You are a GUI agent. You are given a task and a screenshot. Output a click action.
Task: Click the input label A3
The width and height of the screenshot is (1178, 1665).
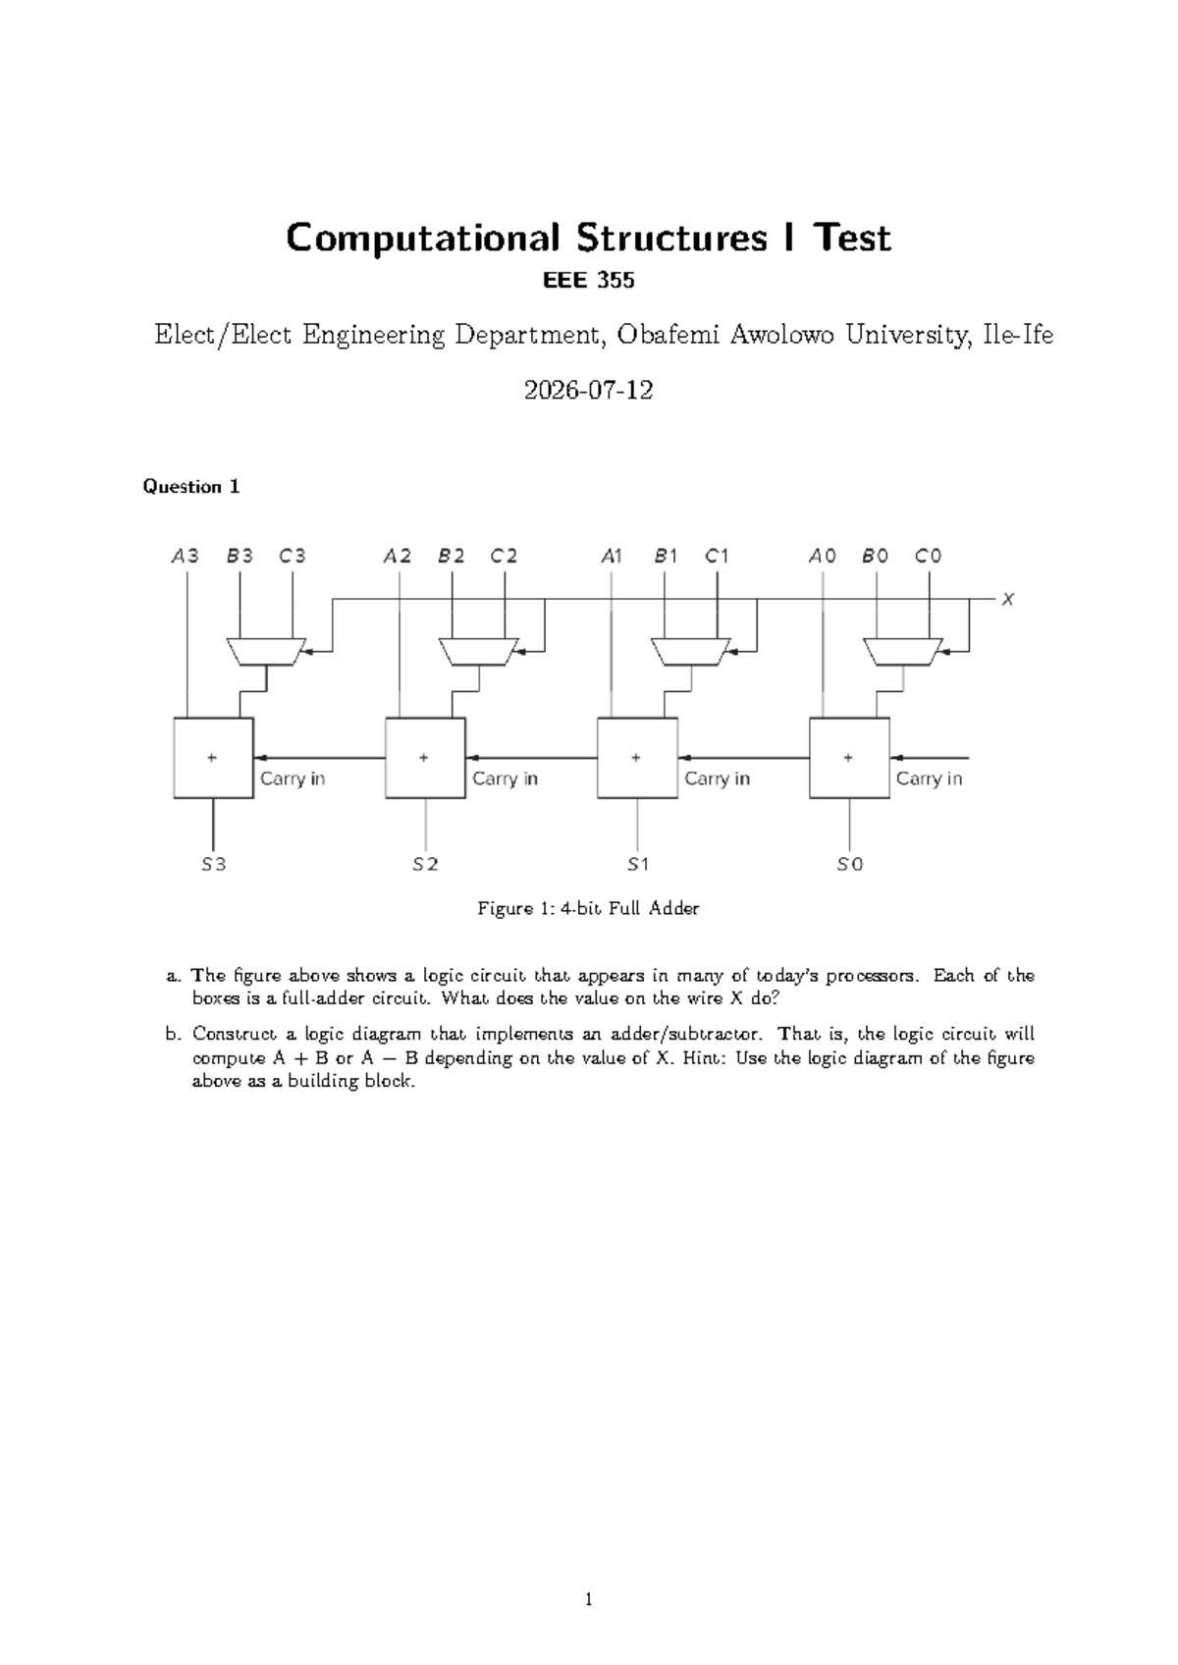185,556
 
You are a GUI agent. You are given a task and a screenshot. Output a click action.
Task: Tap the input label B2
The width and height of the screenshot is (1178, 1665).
452,556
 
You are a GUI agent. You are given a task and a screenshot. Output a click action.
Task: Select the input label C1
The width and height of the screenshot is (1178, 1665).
717,556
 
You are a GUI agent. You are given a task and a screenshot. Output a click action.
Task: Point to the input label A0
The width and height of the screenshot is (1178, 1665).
822,556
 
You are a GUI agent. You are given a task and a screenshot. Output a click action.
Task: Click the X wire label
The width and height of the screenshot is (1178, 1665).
1007,599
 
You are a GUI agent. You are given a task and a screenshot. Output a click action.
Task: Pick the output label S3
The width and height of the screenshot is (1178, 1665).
213,865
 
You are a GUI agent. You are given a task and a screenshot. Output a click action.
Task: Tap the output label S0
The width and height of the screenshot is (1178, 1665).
849,865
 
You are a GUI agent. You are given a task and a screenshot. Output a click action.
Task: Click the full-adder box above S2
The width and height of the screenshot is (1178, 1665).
424,758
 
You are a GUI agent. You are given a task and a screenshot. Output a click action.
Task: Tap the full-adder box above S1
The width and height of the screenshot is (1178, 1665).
636,758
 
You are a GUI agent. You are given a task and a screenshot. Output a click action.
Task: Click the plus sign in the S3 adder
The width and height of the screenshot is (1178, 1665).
212,757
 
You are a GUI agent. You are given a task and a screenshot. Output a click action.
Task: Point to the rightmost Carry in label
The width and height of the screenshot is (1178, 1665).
929,779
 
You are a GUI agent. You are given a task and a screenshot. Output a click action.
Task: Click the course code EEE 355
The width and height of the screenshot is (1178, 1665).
589,281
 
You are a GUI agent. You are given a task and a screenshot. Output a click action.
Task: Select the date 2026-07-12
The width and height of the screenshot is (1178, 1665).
589,391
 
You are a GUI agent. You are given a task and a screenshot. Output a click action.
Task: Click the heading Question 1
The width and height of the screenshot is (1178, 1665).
191,486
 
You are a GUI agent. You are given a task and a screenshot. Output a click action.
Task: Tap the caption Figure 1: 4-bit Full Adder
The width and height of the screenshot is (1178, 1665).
588,909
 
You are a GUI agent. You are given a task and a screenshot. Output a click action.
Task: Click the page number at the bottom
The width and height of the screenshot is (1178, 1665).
589,1600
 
